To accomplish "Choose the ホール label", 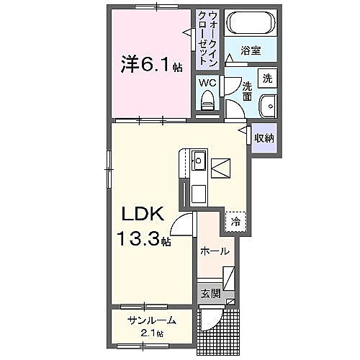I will [215, 251].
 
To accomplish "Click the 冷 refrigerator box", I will [235, 222].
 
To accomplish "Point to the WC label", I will [207, 82].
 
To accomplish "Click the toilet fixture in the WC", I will [207, 104].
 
